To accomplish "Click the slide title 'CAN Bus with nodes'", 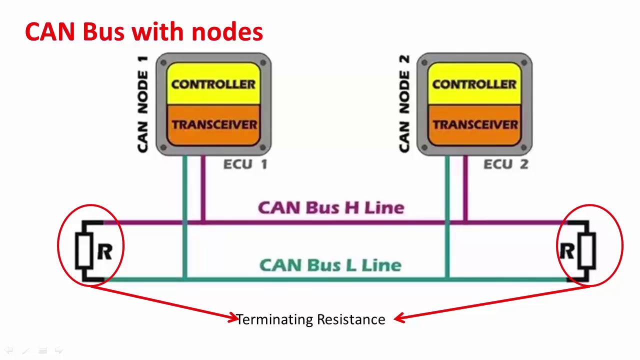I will pyautogui.click(x=143, y=32).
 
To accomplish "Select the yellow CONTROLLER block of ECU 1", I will pyautogui.click(x=213, y=83).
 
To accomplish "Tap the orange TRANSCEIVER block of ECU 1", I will pyautogui.click(x=213, y=124).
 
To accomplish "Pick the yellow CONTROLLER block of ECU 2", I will pyautogui.click(x=474, y=83).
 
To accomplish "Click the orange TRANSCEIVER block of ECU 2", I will pyautogui.click(x=474, y=124).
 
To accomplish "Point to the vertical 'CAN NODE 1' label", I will pyautogui.click(x=143, y=104).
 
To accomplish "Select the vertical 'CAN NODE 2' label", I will pyautogui.click(x=404, y=104).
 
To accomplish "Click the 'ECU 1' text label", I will pyautogui.click(x=245, y=164).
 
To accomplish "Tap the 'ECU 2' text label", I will pyautogui.click(x=505, y=164).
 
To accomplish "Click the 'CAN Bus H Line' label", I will pyautogui.click(x=330, y=207).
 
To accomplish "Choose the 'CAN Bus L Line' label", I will pyautogui.click(x=330, y=265).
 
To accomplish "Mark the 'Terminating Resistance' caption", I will pyautogui.click(x=310, y=319).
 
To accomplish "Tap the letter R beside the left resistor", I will pyautogui.click(x=104, y=252).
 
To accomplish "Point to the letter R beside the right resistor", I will pyautogui.click(x=566, y=252).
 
